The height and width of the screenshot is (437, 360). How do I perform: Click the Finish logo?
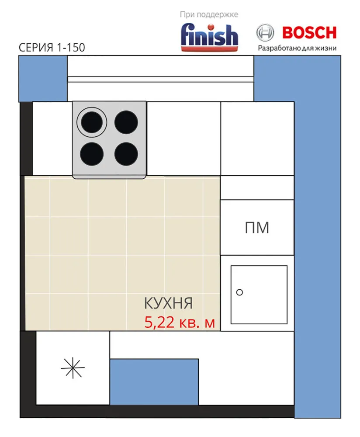point(209,37)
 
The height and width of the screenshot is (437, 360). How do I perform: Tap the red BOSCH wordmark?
point(309,33)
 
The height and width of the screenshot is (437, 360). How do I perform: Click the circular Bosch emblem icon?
point(265,33)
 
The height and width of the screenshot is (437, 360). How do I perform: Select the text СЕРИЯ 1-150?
point(52,47)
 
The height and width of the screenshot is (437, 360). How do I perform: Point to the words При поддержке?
point(209,14)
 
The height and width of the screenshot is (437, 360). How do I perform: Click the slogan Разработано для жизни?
point(297,48)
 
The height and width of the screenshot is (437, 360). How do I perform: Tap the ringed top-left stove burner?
point(92,122)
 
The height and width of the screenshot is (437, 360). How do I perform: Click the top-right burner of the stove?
point(126,122)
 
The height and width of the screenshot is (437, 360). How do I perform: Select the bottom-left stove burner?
point(92,154)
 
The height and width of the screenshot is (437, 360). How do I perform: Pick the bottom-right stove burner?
point(126,154)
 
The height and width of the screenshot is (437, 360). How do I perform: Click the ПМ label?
point(257,228)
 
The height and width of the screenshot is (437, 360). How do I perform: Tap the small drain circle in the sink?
point(239,292)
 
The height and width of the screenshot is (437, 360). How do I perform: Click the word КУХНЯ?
point(168,303)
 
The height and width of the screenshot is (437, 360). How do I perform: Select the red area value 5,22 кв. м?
point(180,323)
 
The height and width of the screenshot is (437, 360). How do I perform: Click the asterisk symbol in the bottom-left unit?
point(73,368)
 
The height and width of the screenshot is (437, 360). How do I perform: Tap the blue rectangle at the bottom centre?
point(154,382)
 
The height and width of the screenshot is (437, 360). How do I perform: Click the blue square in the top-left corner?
point(43,79)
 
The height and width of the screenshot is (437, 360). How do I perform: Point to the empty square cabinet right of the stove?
point(183,139)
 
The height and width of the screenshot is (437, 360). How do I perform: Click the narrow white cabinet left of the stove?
point(52,139)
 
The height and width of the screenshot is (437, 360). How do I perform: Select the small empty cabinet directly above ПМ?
point(257,188)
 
